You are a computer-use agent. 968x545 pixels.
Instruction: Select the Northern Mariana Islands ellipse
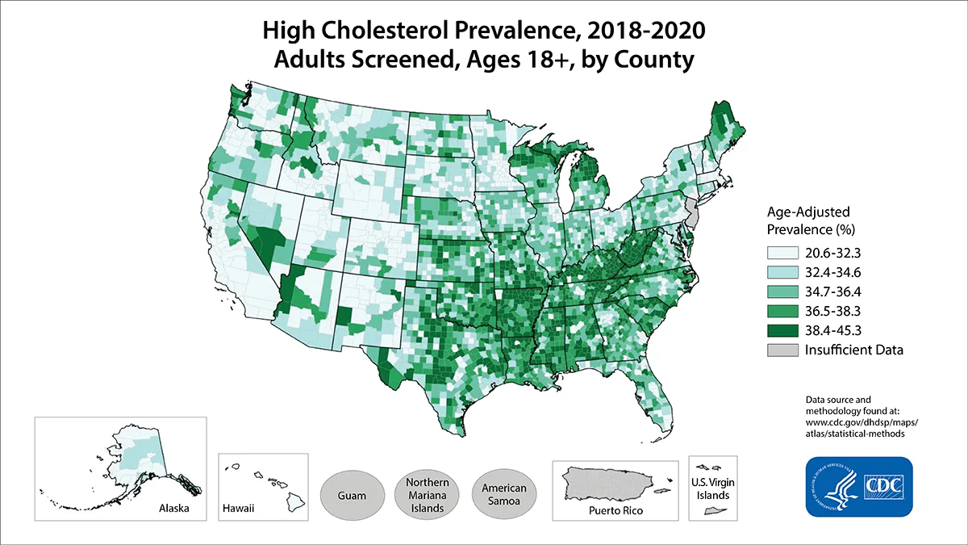point(428,494)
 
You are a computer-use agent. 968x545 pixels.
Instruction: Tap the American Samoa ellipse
point(504,494)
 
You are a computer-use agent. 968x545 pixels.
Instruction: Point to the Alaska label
point(175,510)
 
